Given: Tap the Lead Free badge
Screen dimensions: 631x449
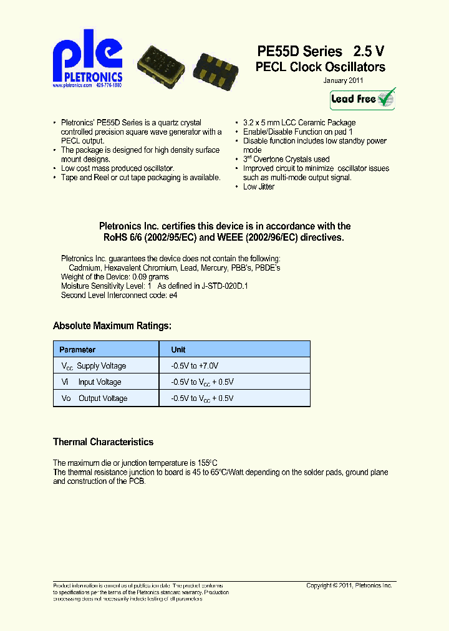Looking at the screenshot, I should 362,99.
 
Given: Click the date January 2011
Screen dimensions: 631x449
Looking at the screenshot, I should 343,80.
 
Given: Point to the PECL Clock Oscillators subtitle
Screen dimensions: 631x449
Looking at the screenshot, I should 320,67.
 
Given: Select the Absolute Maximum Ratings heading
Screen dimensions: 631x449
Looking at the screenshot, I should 112,325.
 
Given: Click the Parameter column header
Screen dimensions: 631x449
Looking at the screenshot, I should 77,350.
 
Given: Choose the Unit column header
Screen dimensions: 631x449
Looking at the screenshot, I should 178,350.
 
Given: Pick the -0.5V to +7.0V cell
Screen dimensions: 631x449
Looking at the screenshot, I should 195,366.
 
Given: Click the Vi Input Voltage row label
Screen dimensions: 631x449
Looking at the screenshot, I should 91,382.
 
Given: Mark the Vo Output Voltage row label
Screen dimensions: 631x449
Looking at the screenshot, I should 94,398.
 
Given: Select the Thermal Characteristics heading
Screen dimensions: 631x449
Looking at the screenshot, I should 103,442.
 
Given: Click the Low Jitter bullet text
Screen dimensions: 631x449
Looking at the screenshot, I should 258,186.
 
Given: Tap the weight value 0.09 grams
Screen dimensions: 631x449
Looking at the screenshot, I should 150,276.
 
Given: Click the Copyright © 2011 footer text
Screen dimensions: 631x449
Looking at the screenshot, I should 349,585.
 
